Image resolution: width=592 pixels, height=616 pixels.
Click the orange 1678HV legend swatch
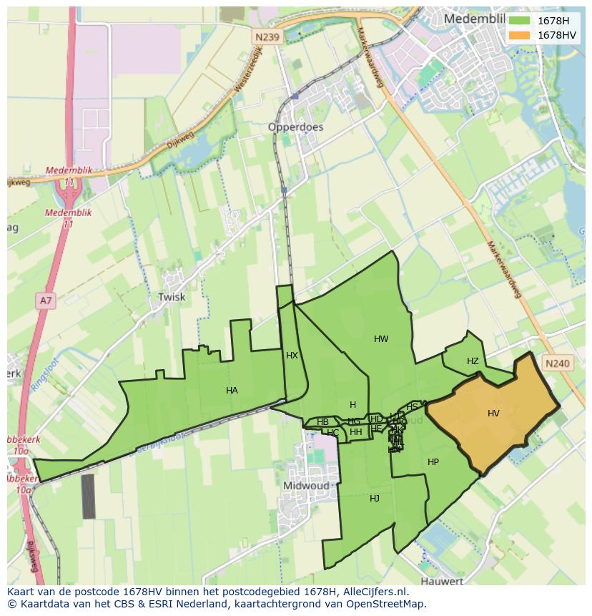[x=520, y=35]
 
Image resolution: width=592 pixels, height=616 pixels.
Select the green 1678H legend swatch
[x=520, y=20]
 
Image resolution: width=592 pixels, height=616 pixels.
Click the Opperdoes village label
[x=295, y=127]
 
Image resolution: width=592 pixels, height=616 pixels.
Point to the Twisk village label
[x=172, y=297]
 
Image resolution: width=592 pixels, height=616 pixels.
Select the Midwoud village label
[x=307, y=485]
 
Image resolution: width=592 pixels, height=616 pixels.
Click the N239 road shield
[x=267, y=36]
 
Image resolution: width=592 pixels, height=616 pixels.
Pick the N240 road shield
[x=557, y=363]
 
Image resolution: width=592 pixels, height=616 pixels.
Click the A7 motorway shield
[x=46, y=300]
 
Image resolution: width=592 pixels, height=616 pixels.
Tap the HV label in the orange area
[x=493, y=414]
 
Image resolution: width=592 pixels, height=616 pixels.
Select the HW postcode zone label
[x=381, y=339]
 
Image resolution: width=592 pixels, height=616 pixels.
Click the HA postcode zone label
[x=232, y=391]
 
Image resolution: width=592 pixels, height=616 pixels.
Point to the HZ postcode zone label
[x=473, y=361]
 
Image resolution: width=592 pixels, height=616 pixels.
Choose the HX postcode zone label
[x=292, y=356]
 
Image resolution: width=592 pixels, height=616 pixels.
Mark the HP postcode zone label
[x=433, y=462]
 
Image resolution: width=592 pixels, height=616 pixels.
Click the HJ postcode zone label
[x=375, y=499]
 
